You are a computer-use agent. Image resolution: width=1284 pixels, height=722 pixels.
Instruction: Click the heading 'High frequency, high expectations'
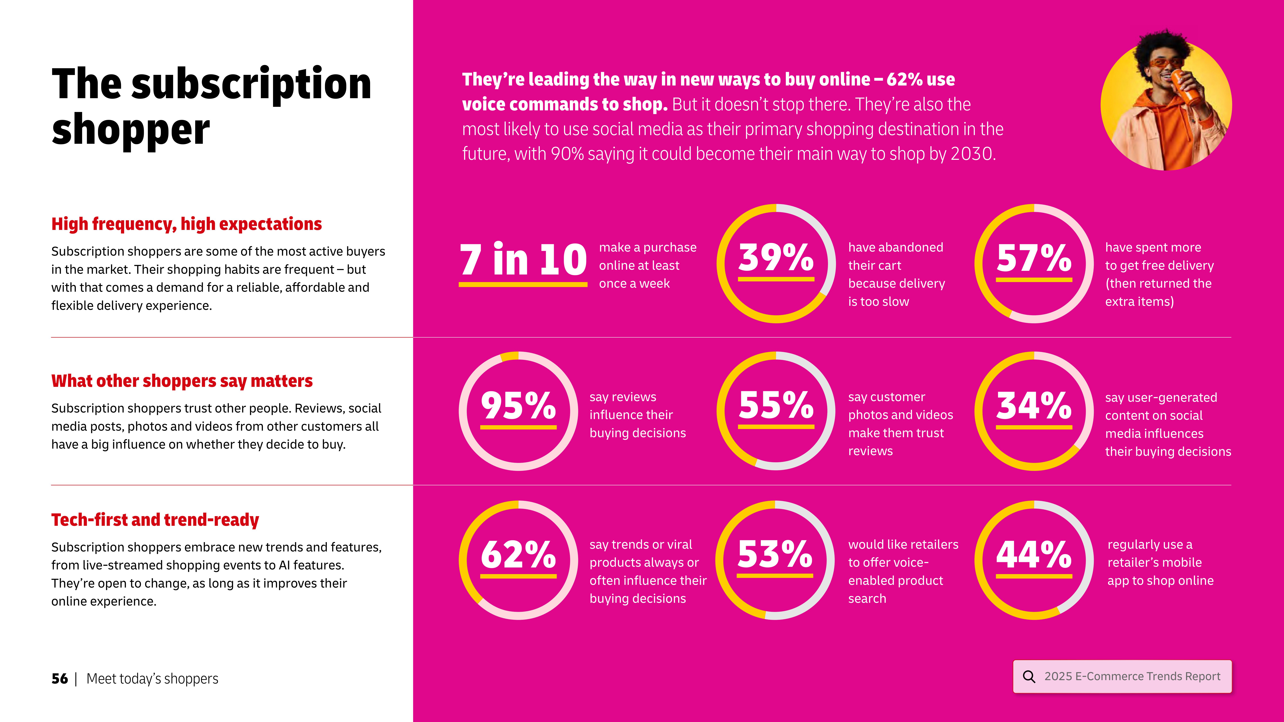pos(186,224)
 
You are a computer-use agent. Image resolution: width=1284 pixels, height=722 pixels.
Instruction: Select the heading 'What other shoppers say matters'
pos(182,381)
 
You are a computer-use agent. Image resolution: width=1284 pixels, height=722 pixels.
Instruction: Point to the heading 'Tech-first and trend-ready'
pos(155,520)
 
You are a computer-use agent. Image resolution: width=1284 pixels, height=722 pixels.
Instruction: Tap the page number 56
pos(59,679)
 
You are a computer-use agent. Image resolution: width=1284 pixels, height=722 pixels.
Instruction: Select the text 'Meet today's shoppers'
pos(152,679)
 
